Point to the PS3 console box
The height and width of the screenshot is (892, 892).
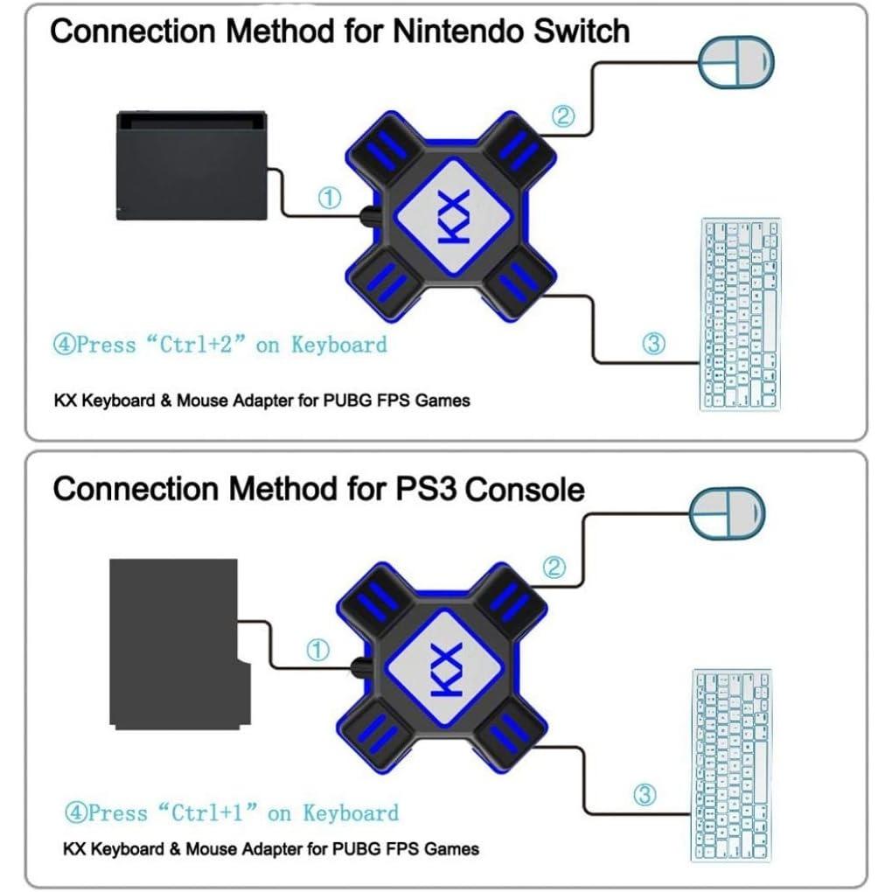pyautogui.click(x=175, y=643)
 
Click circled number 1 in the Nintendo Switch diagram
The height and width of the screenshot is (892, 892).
pyautogui.click(x=330, y=199)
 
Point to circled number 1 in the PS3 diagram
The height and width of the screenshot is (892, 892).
pyautogui.click(x=318, y=650)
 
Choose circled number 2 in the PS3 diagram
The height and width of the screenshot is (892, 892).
pyautogui.click(x=554, y=568)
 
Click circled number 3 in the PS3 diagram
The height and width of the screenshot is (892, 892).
pyautogui.click(x=644, y=795)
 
